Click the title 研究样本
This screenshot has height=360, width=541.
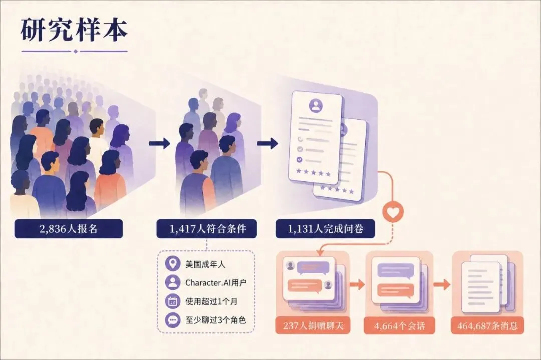point(74,30)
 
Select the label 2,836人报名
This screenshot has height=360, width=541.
point(68,229)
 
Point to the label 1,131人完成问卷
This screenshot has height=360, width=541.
point(325,229)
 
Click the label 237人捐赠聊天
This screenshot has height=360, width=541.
point(313,326)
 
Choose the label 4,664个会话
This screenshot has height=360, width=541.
point(399,326)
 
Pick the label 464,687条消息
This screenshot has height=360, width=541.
point(487,326)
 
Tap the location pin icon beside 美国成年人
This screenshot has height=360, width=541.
point(172,264)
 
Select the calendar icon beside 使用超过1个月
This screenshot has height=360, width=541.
point(172,301)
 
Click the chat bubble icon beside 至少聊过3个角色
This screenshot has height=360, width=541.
point(172,319)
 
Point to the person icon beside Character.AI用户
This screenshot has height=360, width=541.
point(172,282)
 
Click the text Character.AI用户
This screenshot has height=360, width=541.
point(216,283)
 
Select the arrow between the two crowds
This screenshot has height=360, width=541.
point(159,143)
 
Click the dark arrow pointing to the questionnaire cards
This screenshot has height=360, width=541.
point(267,143)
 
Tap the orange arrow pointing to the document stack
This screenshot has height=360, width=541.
point(442,284)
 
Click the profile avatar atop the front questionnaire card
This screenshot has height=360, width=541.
point(316,105)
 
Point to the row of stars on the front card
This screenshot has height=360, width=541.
point(313,172)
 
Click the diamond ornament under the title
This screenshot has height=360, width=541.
point(76,52)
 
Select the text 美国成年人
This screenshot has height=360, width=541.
point(205,264)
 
